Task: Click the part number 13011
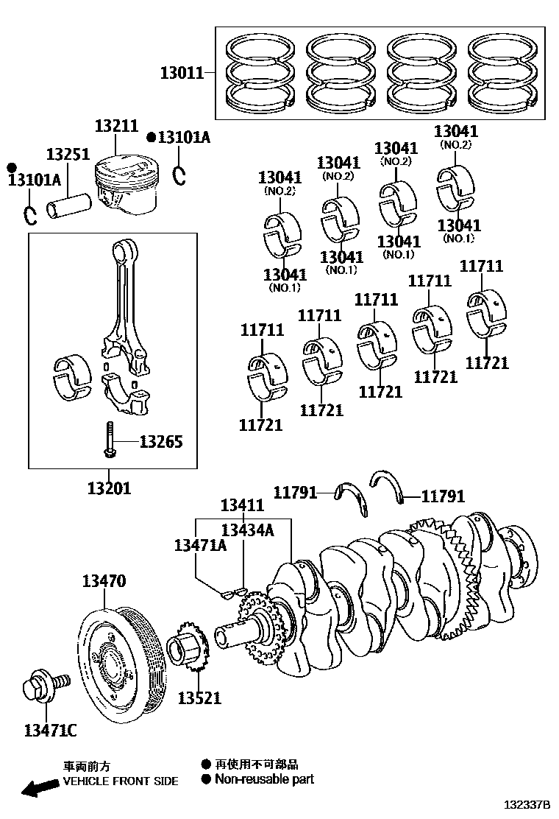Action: (x=182, y=73)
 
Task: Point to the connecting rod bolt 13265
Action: (x=109, y=440)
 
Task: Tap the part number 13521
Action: (x=199, y=697)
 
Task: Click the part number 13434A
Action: (x=247, y=529)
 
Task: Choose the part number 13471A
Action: (x=199, y=545)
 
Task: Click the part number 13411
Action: (x=242, y=505)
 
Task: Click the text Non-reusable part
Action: (x=264, y=779)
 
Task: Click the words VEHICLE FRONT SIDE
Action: (x=121, y=781)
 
